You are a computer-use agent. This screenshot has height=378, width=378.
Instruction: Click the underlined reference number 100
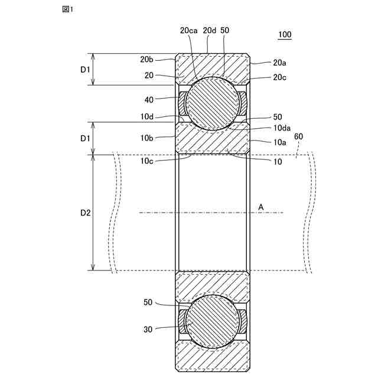click(x=285, y=35)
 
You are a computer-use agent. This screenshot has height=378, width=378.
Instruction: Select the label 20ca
click(x=188, y=30)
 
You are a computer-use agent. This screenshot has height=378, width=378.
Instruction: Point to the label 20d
click(x=209, y=30)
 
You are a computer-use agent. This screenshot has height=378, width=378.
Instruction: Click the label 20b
click(x=147, y=60)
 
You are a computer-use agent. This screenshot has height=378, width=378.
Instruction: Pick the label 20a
click(x=281, y=62)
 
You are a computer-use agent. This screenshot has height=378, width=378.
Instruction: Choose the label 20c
click(x=281, y=77)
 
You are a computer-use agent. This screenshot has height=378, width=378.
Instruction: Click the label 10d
click(x=148, y=117)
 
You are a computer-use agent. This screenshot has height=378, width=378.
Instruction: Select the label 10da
click(x=282, y=128)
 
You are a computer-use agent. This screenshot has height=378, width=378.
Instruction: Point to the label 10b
click(x=148, y=138)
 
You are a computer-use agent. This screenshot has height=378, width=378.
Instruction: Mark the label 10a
click(x=281, y=142)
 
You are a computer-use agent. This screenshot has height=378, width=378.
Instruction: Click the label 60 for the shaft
click(x=298, y=136)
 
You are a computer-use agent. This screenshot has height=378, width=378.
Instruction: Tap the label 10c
click(x=148, y=160)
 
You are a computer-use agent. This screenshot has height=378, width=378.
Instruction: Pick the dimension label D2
click(x=85, y=213)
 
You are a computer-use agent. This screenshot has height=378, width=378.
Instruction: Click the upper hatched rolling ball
click(x=212, y=103)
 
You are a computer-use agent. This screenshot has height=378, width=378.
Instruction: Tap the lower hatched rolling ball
click(x=212, y=322)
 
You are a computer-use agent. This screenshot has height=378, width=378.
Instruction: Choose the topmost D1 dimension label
click(x=85, y=69)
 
